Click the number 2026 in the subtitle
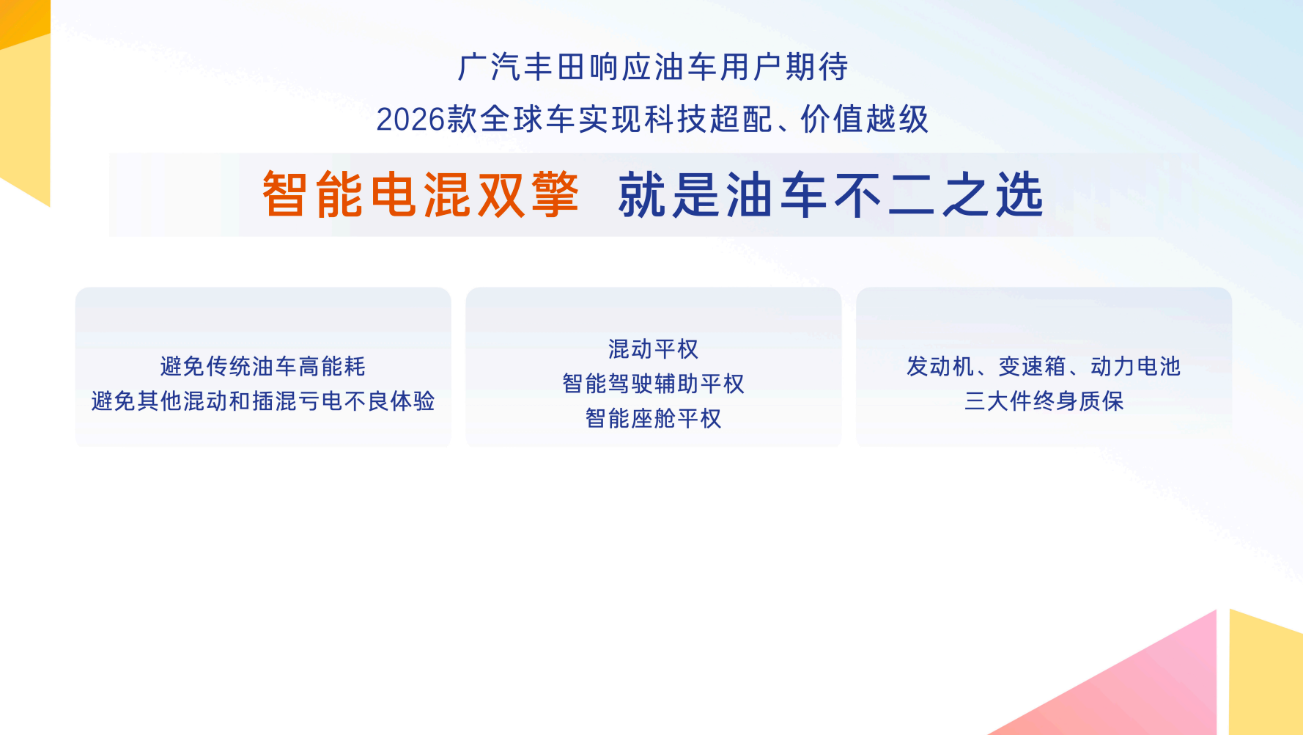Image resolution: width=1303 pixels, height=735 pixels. [411, 120]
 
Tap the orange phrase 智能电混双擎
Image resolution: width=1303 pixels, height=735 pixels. [421, 195]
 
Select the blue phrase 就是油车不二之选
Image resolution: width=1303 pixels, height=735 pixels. [831, 195]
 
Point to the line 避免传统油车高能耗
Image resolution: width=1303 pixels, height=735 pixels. [263, 366]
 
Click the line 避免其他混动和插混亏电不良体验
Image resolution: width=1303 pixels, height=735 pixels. [263, 401]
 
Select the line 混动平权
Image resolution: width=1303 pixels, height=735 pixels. [654, 349]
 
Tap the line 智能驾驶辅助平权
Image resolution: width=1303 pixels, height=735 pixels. [654, 384]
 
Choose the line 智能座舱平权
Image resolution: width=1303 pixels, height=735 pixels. [654, 418]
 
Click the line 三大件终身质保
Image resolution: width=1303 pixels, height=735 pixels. [1044, 401]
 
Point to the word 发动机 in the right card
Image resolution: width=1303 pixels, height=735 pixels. [941, 366]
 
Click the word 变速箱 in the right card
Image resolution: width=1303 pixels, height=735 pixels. [1033, 366]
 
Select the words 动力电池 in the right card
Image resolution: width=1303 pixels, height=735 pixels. [1136, 366]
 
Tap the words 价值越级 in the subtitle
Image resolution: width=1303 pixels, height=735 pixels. [865, 120]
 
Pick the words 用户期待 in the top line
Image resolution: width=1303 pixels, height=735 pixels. [784, 67]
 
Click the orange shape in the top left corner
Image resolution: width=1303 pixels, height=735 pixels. [22, 21]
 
